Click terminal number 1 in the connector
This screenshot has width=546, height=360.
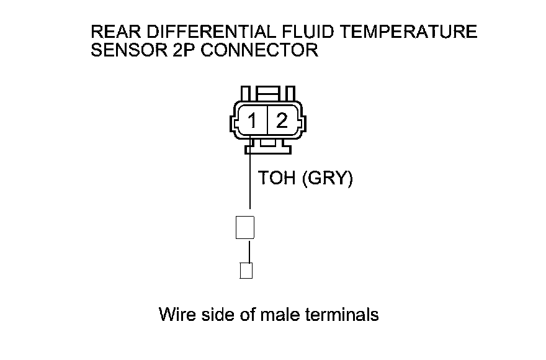253,120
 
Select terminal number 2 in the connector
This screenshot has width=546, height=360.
282,120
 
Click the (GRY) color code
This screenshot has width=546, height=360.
327,179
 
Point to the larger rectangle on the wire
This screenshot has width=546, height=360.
246,227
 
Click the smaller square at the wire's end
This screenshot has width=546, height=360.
246,271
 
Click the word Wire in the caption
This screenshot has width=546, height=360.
178,314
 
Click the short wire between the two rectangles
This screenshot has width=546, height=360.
249,251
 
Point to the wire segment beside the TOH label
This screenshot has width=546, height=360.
250,180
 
